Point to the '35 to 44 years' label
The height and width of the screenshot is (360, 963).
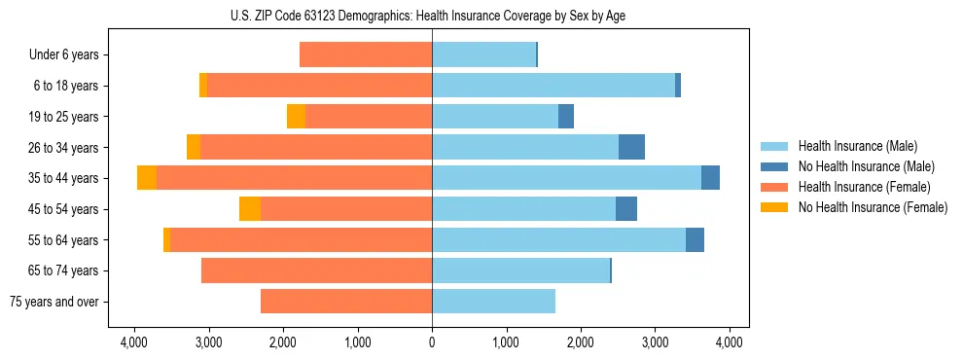point(64,178)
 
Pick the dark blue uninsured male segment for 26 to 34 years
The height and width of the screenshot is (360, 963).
point(631,147)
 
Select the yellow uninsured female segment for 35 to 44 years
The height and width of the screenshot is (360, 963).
point(147,178)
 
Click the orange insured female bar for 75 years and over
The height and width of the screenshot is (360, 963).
point(346,302)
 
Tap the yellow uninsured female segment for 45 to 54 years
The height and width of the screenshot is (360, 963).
point(250,209)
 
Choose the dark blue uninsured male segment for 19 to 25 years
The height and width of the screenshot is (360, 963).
point(566,117)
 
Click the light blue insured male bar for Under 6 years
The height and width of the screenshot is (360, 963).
point(483,54)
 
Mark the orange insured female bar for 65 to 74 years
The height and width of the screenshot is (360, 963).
point(316,270)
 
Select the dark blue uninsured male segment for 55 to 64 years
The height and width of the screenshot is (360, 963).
point(695,239)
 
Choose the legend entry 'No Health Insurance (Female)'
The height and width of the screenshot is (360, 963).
point(873,207)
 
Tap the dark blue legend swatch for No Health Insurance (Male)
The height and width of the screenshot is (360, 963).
point(774,167)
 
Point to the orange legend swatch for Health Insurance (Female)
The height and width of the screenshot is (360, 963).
point(774,187)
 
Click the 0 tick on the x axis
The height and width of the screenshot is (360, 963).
point(432,342)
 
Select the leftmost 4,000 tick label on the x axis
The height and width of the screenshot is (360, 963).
point(133,342)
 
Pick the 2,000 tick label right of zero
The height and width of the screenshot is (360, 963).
point(581,342)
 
